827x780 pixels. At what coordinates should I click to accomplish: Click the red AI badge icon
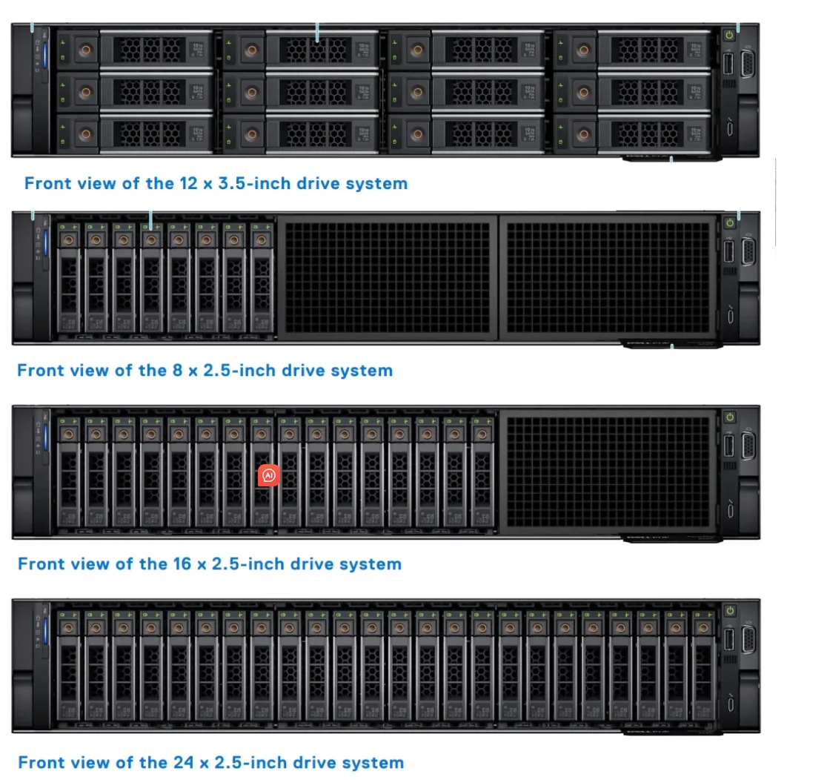[268, 475]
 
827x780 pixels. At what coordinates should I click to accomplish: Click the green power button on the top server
[730, 33]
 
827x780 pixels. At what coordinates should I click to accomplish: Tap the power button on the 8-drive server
[730, 221]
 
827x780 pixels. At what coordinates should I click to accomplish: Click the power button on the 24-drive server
[730, 611]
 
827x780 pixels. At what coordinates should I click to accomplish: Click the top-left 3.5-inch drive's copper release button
[85, 50]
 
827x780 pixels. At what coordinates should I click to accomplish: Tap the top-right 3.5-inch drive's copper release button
[582, 50]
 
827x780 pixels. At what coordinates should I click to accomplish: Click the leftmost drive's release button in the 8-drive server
[69, 239]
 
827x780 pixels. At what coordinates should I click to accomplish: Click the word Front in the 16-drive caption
[41, 564]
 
